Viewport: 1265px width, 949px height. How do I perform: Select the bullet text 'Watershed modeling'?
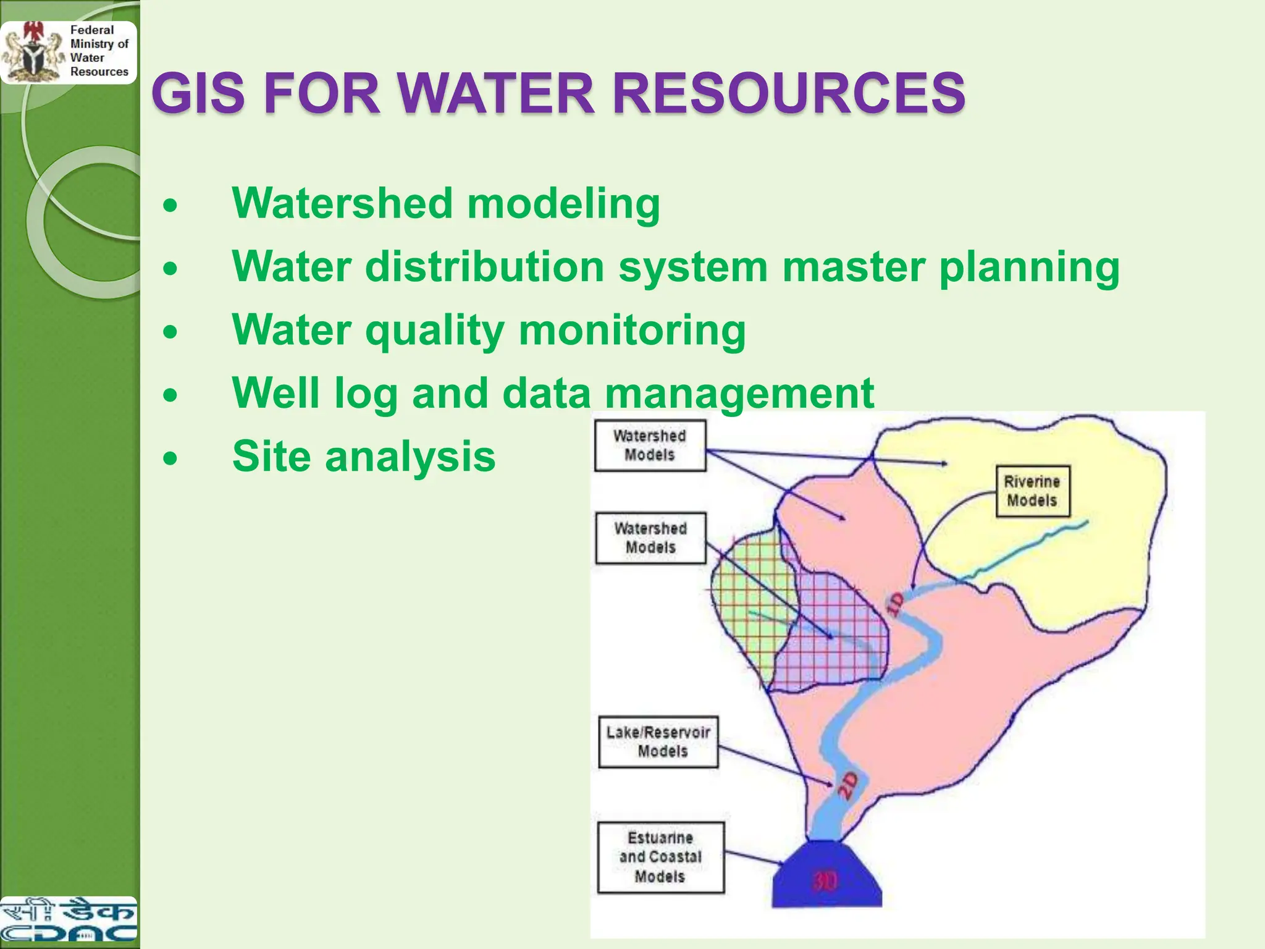tap(445, 203)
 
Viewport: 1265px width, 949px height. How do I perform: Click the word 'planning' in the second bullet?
tap(1028, 268)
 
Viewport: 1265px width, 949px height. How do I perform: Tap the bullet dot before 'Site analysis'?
tap(170, 458)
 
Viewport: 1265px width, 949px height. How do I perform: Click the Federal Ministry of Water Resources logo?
tap(68, 52)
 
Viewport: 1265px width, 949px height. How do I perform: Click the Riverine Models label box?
tap(1032, 491)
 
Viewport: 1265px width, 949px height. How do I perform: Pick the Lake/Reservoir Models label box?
tap(658, 741)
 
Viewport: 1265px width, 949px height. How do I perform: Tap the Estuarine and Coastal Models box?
tap(660, 857)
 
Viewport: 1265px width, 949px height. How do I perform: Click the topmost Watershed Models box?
tap(650, 445)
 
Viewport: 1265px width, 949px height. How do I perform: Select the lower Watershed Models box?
tap(650, 538)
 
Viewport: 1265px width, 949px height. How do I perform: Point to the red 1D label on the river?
tap(895, 603)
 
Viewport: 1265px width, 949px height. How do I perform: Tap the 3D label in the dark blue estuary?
tap(825, 881)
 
